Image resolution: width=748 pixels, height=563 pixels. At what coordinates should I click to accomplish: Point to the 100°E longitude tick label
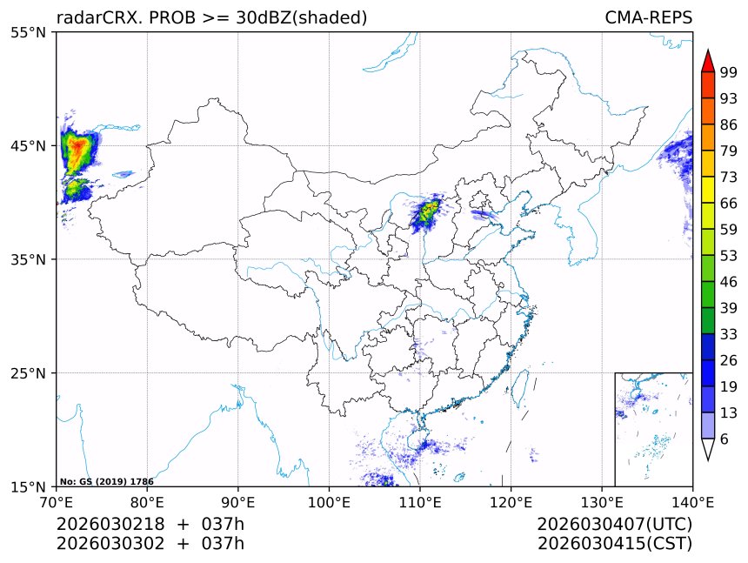click(x=329, y=501)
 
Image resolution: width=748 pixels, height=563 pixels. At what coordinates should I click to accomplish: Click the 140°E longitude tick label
click(x=692, y=501)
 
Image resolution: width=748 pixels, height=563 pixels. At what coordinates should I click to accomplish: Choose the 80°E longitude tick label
click(x=147, y=501)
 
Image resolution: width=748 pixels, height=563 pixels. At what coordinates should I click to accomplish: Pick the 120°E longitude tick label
click(x=511, y=501)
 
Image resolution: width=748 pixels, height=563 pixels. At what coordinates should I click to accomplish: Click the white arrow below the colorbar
click(x=708, y=449)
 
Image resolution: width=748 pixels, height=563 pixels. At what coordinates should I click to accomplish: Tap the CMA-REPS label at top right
click(x=648, y=17)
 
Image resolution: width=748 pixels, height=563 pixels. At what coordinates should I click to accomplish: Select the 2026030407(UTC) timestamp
click(x=614, y=525)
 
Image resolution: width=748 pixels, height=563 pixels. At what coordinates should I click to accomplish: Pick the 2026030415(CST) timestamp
click(x=614, y=544)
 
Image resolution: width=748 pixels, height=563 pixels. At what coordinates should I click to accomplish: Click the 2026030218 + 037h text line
click(x=150, y=525)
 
